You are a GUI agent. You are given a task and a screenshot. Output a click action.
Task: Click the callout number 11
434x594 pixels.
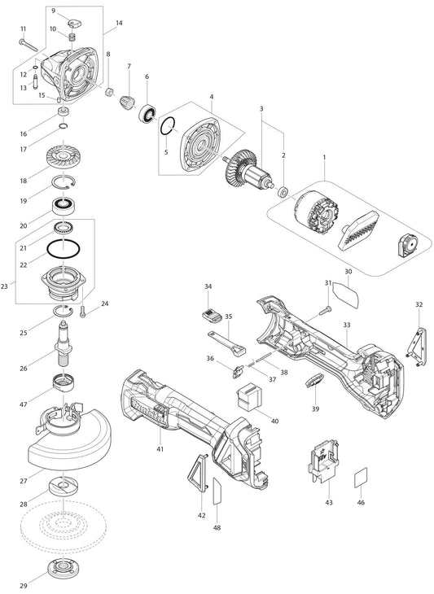click(24, 29)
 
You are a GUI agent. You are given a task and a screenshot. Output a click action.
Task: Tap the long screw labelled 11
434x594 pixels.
click(28, 45)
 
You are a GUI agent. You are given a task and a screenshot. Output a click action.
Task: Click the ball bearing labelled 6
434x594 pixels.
click(147, 113)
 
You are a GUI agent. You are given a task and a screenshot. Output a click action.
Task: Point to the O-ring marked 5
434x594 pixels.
click(168, 126)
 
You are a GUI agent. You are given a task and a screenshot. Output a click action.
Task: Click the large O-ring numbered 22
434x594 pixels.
click(64, 249)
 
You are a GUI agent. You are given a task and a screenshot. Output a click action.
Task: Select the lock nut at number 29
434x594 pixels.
click(63, 566)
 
